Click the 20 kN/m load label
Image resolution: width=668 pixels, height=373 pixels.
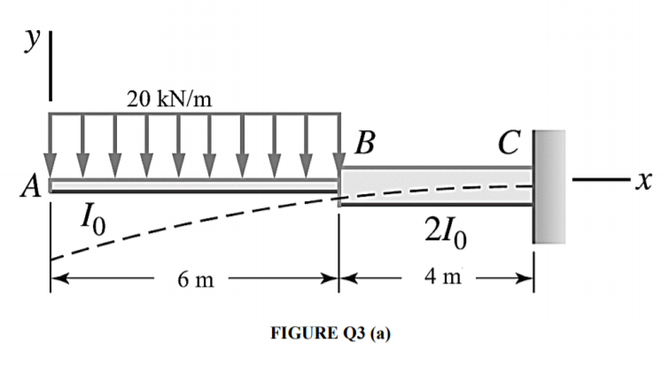click(169, 98)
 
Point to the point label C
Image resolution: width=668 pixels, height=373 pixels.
click(509, 144)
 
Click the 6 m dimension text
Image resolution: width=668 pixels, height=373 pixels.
click(194, 281)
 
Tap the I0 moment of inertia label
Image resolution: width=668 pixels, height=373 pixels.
click(94, 218)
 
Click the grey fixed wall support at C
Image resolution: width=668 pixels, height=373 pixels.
click(548, 186)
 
